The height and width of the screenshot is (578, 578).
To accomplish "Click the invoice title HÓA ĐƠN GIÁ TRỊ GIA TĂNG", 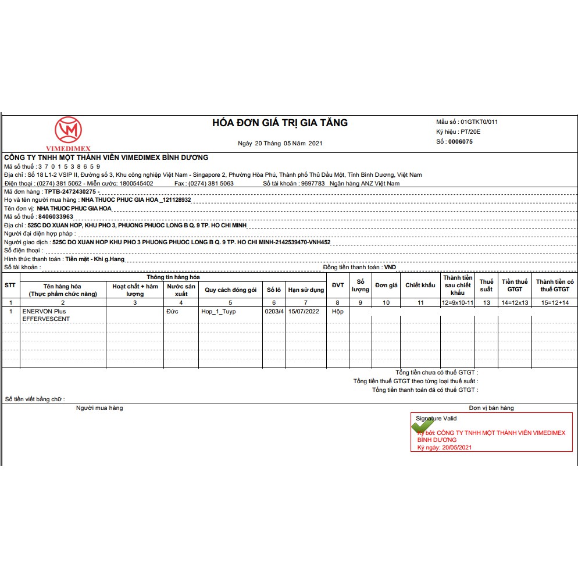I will (x=280, y=123).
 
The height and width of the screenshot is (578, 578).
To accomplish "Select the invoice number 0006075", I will (x=461, y=141).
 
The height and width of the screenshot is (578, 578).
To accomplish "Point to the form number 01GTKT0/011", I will (x=479, y=122).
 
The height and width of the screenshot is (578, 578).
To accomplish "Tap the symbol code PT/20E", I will (x=470, y=132).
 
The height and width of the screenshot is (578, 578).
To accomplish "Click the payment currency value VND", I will (x=390, y=267).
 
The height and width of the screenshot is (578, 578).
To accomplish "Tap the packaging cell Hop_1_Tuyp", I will (x=219, y=312).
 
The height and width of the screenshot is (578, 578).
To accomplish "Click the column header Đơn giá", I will (x=386, y=286).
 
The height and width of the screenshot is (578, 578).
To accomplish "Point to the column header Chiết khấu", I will (x=420, y=286).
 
